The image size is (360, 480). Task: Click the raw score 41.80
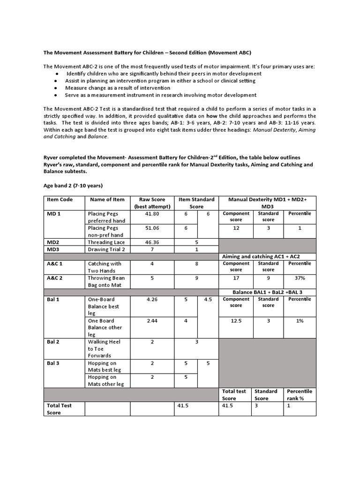[152, 213]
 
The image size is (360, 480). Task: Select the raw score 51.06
[152, 228]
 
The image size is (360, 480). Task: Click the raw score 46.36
[152, 242]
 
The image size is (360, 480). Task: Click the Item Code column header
[60, 199]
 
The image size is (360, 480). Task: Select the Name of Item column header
[107, 199]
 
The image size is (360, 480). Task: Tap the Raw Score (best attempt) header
[152, 203]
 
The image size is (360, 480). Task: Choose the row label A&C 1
[55, 263]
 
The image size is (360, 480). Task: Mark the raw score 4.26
[152, 299]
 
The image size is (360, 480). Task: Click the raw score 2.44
[152, 321]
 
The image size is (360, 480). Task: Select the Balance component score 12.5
[236, 321]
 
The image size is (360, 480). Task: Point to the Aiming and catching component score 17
[236, 278]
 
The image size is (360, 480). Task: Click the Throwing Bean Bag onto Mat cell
[106, 281]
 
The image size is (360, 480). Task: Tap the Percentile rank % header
[300, 395]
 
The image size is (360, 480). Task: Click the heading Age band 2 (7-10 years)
[73, 186]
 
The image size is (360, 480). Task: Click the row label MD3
[52, 249]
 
